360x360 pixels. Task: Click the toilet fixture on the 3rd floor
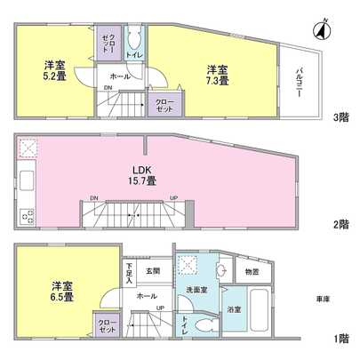(x=134, y=41)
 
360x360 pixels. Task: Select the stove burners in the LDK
(x=26, y=213)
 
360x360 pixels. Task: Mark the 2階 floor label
(x=341, y=225)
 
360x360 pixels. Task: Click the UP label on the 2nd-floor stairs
(x=173, y=199)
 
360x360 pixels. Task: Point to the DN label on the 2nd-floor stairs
(x=94, y=199)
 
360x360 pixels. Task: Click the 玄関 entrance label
(x=153, y=271)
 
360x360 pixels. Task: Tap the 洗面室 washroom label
(x=196, y=289)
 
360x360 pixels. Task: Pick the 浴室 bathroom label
(x=233, y=310)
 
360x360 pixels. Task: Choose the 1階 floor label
(x=341, y=338)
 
